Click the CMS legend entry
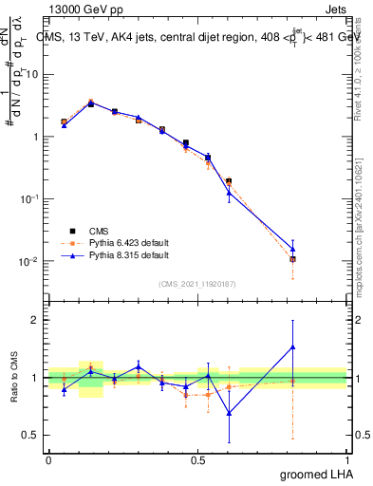[102, 230]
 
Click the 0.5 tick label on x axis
[196, 458]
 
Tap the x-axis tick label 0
[48, 458]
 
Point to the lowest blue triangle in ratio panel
[229, 413]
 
